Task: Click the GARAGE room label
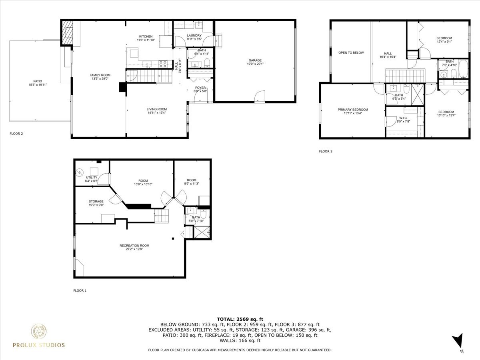point(254,60)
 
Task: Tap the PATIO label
point(35,81)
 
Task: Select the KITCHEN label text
point(146,36)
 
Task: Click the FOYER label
point(200,88)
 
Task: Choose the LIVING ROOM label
point(156,109)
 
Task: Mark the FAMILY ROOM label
point(100,75)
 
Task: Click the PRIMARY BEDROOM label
point(352,110)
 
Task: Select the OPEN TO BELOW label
point(351,53)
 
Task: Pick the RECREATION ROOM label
point(134,246)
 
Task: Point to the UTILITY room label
point(91,177)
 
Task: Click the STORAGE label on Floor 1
point(96,202)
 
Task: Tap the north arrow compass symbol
point(459,342)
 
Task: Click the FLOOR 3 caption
point(326,152)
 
